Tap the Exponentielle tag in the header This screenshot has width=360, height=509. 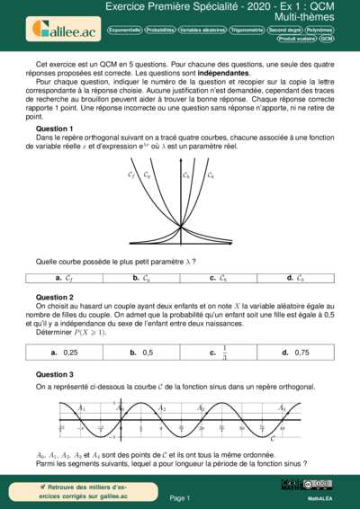tap(123, 30)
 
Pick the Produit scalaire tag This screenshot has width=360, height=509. tap(296, 40)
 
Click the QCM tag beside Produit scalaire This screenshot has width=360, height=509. tap(327, 40)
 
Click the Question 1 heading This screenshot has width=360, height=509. tap(54, 129)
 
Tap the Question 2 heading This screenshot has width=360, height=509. tap(54, 297)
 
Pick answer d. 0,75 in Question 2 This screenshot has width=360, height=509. tap(296, 353)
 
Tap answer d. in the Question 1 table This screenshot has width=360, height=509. tap(295, 278)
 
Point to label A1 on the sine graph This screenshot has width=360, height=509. tap(83, 407)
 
